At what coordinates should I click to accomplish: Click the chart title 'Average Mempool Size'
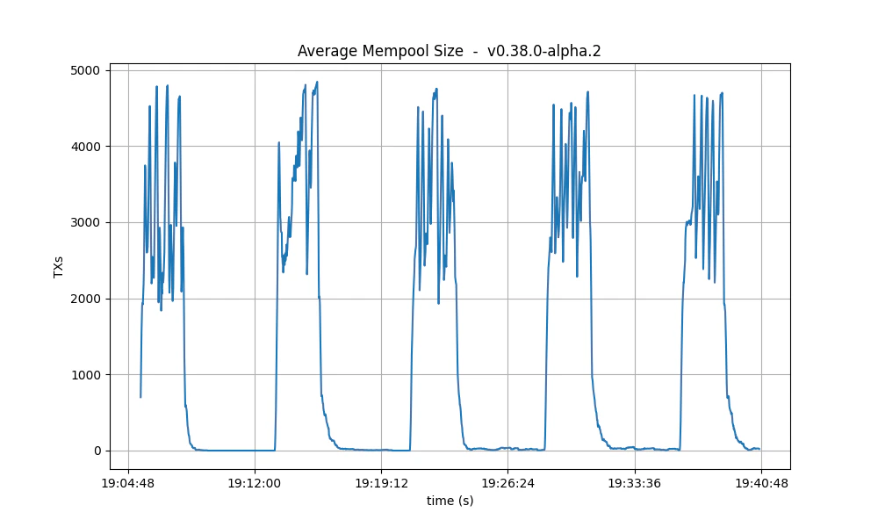[x=380, y=51]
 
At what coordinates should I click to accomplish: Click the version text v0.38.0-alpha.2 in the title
[x=543, y=51]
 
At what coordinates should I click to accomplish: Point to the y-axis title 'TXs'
[x=59, y=267]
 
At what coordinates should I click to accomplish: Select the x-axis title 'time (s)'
[x=450, y=501]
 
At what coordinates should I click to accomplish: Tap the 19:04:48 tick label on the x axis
[x=128, y=483]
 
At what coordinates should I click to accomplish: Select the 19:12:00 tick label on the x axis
[x=255, y=483]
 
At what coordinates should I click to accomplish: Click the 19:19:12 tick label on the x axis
[x=381, y=483]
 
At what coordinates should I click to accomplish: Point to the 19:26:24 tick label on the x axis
[x=507, y=483]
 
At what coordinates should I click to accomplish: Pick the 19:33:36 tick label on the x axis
[x=634, y=483]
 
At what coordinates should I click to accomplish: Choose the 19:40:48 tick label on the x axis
[x=760, y=483]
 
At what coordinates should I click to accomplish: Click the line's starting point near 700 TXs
[x=140, y=397]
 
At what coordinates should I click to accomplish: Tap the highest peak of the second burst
[x=317, y=83]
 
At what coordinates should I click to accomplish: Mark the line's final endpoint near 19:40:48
[x=759, y=449]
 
